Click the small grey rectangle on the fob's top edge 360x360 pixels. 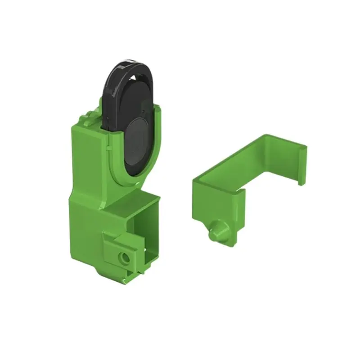point(130,60)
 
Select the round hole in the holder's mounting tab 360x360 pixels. point(123,258)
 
